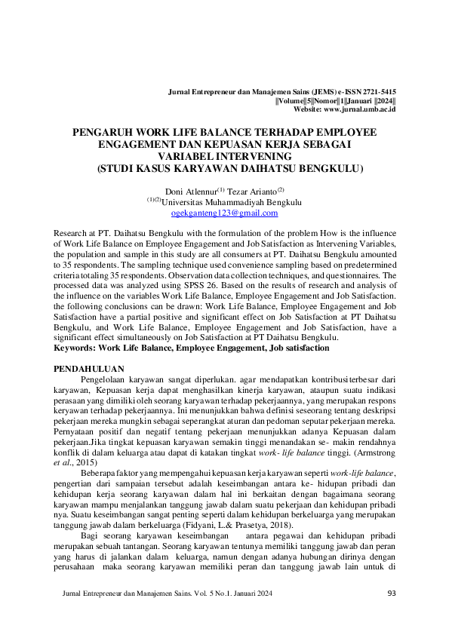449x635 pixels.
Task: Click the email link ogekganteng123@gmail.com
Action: click(x=224, y=213)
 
